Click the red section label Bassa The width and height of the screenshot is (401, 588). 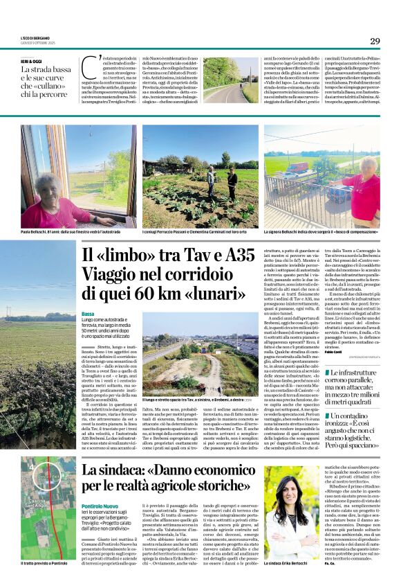[88, 314]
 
